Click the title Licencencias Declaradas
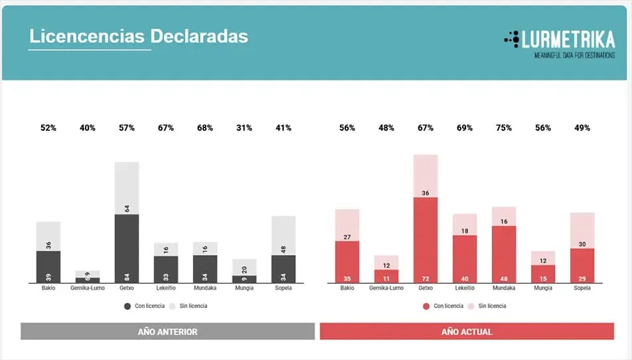[x=138, y=36]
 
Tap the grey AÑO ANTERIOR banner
[x=167, y=331]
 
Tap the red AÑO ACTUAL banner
[x=467, y=331]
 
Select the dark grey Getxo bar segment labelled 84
[x=127, y=248]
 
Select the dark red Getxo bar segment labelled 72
[x=426, y=240]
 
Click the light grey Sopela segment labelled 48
[x=283, y=236]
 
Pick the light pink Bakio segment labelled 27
[x=347, y=225]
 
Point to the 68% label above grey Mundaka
[x=205, y=128]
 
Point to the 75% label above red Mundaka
[x=504, y=128]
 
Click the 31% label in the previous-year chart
[x=244, y=128]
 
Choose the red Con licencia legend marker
[x=426, y=306]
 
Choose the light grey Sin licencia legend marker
[x=173, y=306]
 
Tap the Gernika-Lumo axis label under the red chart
[x=386, y=288]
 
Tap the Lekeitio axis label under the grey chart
[x=166, y=288]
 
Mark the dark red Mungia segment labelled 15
[x=543, y=274]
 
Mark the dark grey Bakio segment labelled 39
[x=48, y=267]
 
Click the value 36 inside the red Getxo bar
[x=426, y=193]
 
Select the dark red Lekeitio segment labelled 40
[x=465, y=259]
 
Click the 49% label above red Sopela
[x=582, y=128]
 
